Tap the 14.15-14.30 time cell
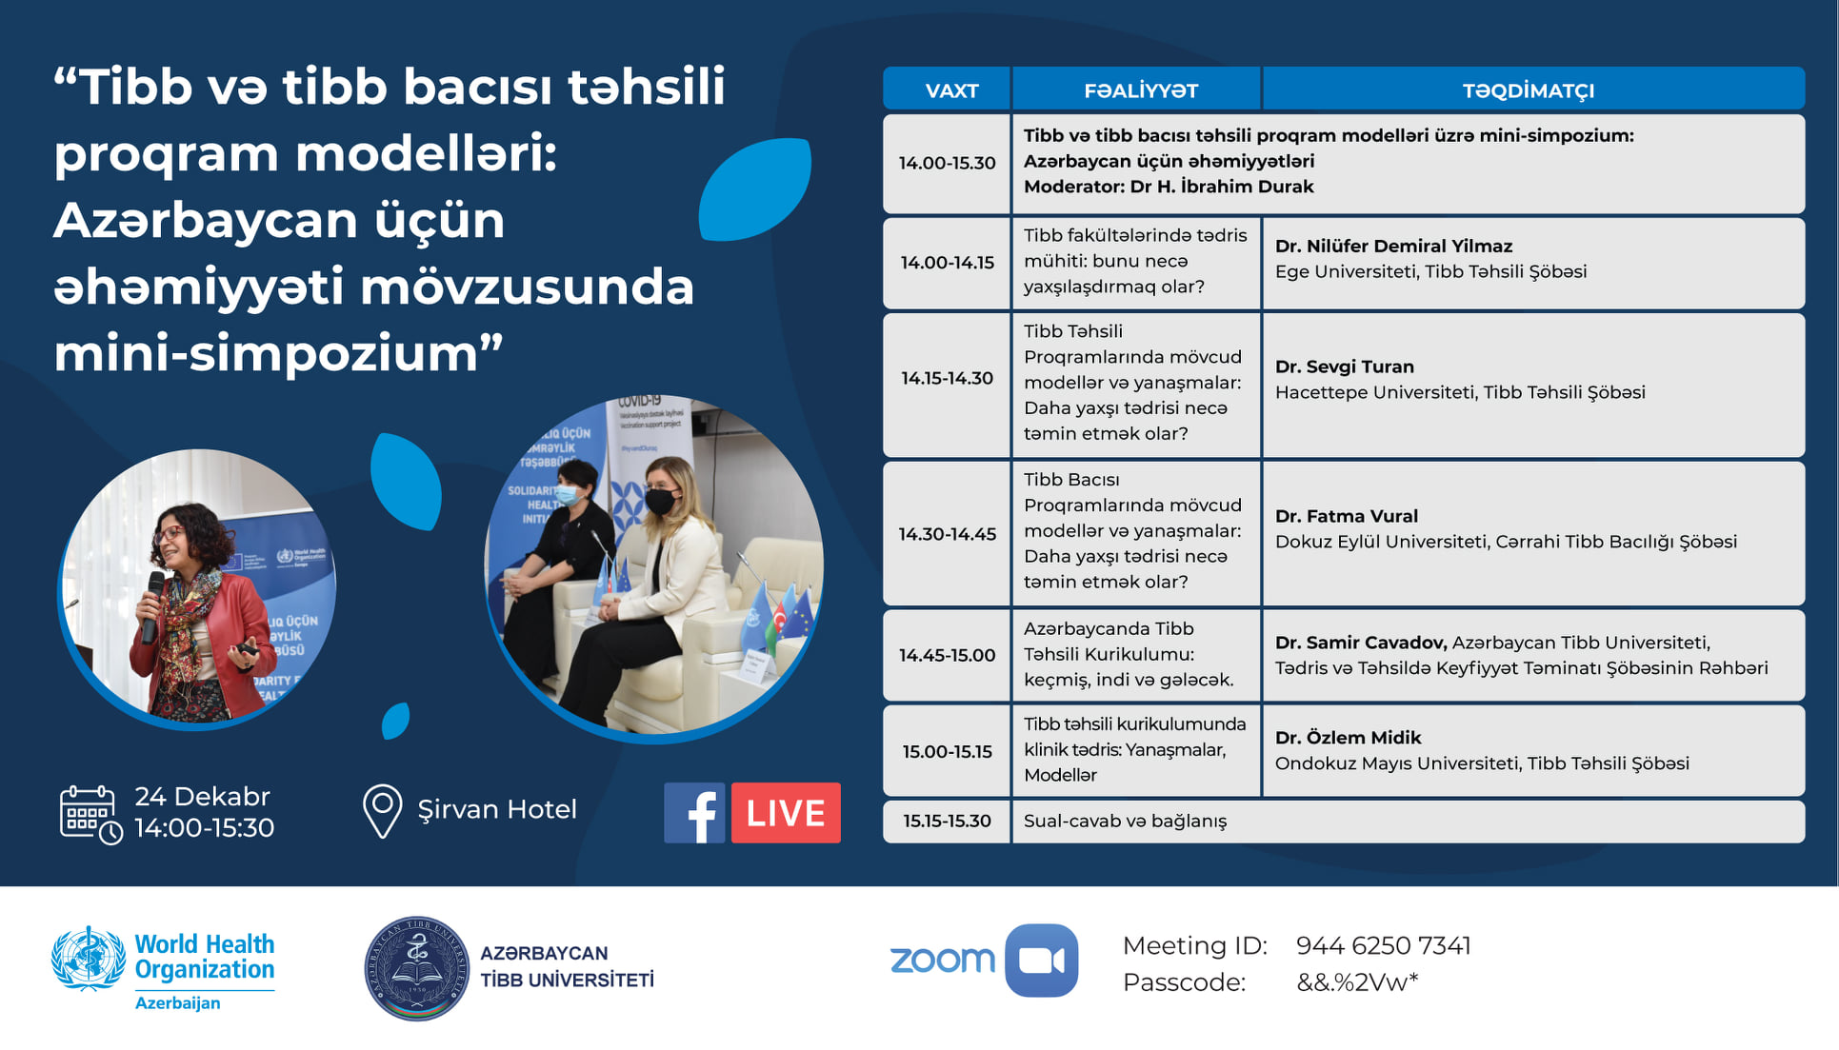point(947,378)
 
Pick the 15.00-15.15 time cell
point(947,751)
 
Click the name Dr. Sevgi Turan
point(1344,367)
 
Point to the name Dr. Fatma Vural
point(1346,516)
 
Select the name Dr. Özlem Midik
point(1348,738)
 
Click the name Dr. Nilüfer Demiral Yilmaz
point(1393,246)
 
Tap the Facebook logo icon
point(694,813)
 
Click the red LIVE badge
point(786,813)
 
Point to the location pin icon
point(382,811)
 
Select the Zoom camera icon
point(1042,961)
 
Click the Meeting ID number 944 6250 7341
point(1383,945)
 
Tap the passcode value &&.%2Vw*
point(1357,982)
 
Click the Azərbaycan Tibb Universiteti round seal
point(417,969)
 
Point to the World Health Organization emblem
point(89,959)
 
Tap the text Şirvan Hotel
point(497,809)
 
